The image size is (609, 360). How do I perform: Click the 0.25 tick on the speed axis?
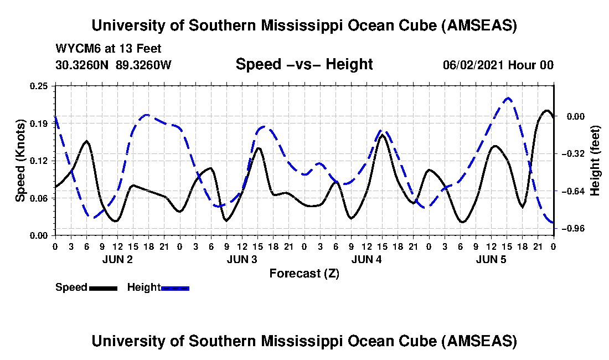40,86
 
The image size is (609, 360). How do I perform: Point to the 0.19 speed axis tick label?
40,123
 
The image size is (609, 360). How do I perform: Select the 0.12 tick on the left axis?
40,161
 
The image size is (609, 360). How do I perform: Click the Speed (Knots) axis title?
20,161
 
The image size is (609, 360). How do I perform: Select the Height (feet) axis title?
595,161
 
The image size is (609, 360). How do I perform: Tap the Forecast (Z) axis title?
304,273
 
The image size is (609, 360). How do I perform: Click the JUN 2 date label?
117,259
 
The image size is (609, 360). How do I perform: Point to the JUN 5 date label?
491,259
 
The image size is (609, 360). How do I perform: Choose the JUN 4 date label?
366,259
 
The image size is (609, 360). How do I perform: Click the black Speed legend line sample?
103,288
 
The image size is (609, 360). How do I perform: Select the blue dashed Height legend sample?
175,288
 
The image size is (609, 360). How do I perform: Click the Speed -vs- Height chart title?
304,64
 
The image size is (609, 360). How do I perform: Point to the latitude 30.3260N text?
83,65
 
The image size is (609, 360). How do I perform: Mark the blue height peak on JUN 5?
508,98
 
